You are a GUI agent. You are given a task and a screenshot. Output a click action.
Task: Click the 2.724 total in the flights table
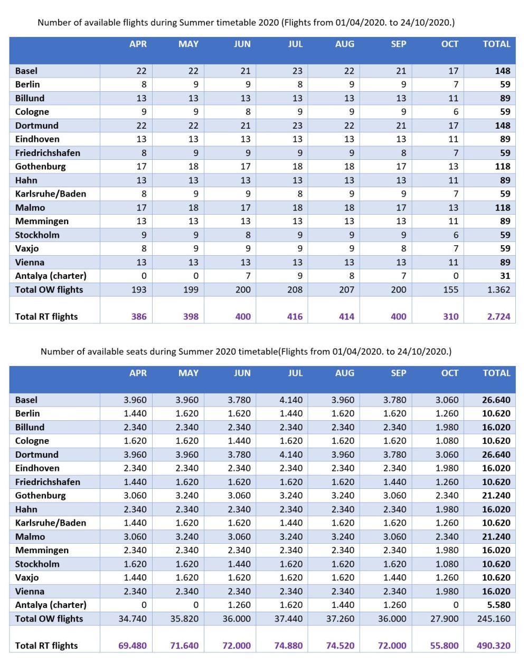498,316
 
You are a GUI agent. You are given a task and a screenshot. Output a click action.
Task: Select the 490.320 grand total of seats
493,645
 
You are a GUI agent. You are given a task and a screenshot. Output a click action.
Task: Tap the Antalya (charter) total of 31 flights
505,276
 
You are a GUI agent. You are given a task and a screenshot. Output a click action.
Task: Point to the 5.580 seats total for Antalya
498,605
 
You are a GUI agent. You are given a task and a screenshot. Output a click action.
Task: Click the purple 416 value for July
295,316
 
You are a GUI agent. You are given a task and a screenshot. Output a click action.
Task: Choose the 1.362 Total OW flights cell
498,289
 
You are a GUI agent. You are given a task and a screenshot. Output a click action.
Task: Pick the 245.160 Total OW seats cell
494,619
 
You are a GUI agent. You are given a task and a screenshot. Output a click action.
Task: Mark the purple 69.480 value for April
132,645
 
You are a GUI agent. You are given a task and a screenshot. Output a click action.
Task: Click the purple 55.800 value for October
444,645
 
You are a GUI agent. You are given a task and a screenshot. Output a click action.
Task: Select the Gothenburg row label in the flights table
40,167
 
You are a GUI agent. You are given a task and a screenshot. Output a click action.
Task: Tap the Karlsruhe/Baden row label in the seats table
50,523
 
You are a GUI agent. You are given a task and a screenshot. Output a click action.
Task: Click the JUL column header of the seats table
295,373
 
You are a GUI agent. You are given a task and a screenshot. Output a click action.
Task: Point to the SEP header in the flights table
398,44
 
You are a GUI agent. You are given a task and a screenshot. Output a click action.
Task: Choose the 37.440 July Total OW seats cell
288,619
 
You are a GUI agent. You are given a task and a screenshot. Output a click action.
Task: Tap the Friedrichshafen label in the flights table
48,153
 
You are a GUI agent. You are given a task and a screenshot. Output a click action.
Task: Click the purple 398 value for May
191,316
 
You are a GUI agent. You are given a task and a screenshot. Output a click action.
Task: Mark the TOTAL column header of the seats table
496,373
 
